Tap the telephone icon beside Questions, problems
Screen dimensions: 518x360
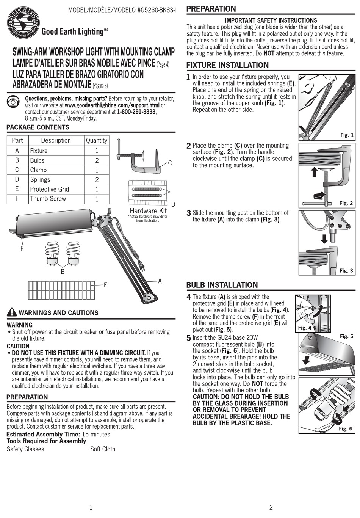coord(14,102)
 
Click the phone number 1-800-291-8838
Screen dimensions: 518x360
coord(136,112)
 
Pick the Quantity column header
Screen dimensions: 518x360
coord(97,140)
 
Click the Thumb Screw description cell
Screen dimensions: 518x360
coord(48,199)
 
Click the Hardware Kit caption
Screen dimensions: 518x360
coord(148,211)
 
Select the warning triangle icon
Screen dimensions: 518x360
coord(12,312)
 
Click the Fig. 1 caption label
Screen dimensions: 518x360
coord(346,135)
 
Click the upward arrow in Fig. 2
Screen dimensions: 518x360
coord(314,173)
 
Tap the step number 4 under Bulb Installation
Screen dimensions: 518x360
coord(189,297)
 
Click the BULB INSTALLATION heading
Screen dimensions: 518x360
coord(222,285)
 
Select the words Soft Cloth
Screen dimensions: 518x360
coord(103,449)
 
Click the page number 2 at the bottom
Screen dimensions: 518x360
coord(271,507)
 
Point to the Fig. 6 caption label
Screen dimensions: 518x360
coord(345,429)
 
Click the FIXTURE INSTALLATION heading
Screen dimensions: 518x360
coord(227,65)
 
